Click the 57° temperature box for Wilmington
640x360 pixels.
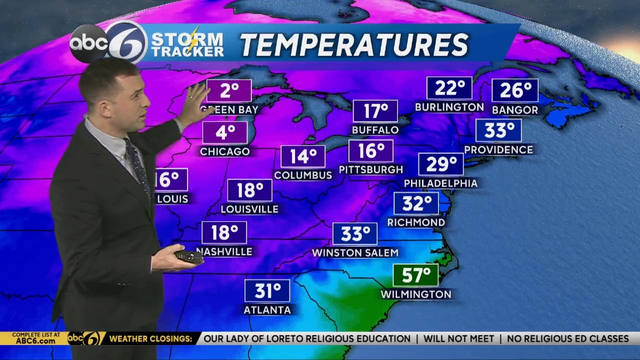(415, 275)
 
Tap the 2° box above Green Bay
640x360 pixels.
(229, 90)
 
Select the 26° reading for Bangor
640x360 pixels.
(515, 90)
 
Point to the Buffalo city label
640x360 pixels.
(375, 130)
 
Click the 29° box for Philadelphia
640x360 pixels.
(441, 164)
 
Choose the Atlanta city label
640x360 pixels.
(267, 310)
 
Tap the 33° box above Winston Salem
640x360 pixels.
(355, 233)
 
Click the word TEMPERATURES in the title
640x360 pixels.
(354, 45)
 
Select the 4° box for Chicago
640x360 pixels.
(225, 132)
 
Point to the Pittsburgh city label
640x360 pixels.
(370, 169)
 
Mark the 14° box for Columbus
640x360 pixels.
(303, 156)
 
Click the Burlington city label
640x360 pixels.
(449, 107)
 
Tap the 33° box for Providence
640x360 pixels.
(498, 130)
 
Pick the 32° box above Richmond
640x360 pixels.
(416, 203)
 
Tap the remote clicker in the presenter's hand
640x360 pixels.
(188, 256)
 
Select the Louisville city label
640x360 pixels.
(249, 209)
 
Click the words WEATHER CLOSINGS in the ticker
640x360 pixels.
(150, 339)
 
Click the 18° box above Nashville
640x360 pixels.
(224, 232)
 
